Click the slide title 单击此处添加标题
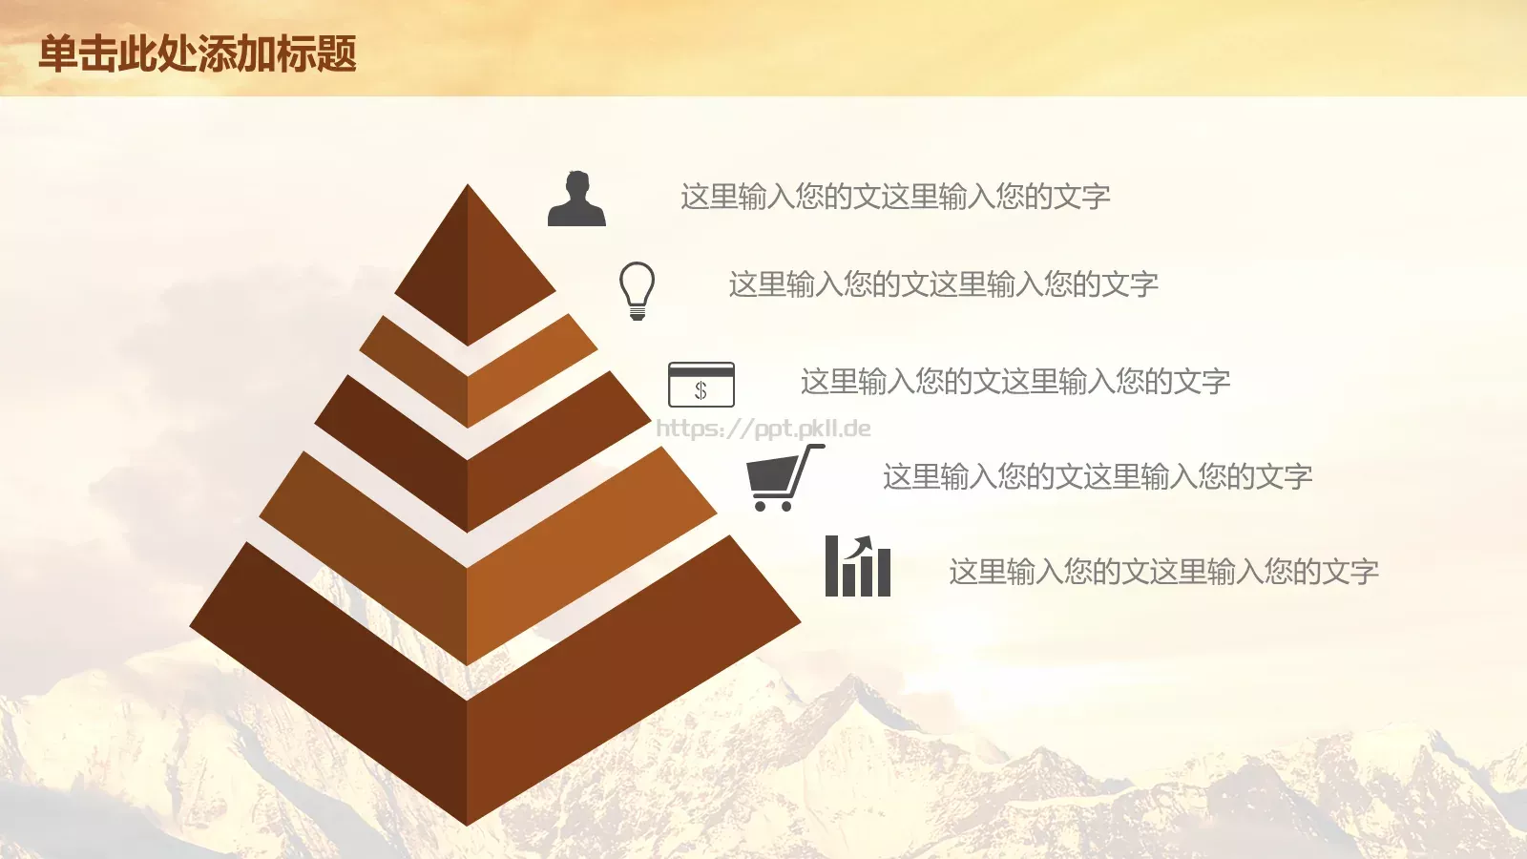[198, 53]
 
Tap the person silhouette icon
[576, 199]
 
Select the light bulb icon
[638, 290]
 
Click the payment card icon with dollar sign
[701, 385]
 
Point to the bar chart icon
[858, 566]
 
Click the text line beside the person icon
[895, 197]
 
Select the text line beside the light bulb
[944, 284]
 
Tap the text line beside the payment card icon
[1015, 381]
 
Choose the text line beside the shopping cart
[1098, 476]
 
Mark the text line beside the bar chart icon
[1164, 572]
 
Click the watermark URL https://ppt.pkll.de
[763, 429]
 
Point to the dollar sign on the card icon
[701, 390]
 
